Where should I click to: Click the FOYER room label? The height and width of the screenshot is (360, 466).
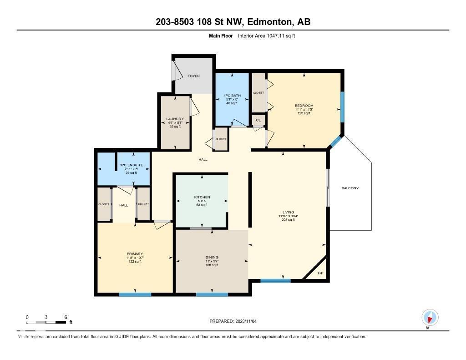pos(193,76)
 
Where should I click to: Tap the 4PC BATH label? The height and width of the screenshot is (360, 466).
pos(232,95)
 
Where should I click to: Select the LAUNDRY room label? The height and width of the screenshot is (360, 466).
pos(175,119)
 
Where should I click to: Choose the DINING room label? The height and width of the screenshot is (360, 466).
pos(212,257)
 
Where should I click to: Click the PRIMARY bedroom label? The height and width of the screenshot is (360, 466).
pos(135,254)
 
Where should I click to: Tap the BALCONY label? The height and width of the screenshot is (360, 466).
pos(350,188)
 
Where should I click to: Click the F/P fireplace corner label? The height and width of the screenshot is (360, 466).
pos(320,273)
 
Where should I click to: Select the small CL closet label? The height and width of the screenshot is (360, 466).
pos(258,120)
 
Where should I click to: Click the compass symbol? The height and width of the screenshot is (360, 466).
pos(430,317)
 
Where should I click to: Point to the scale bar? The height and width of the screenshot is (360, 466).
pos(46,322)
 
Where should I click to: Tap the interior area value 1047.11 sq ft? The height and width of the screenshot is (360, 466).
pos(278,35)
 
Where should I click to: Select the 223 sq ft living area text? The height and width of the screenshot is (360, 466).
pos(288,220)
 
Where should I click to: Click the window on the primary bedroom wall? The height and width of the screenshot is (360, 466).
pos(135,294)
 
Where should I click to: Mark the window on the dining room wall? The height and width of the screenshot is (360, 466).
pos(212,294)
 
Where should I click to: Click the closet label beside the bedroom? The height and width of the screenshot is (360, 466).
pos(258,92)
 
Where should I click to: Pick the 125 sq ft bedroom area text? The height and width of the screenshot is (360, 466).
pos(304,113)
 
